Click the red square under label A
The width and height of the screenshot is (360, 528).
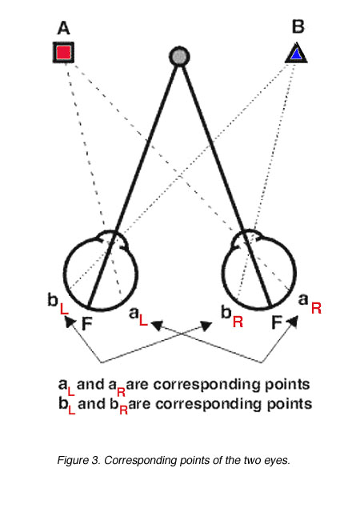coord(63,52)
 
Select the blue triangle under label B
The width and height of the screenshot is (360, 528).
coord(296,54)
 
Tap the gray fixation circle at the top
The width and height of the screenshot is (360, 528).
coord(179,56)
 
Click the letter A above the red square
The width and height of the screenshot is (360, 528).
coord(63,28)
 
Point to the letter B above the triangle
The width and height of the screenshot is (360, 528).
coord(298,26)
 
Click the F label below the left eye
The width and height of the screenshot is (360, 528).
coord(87,324)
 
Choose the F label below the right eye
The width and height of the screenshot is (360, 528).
coord(277,322)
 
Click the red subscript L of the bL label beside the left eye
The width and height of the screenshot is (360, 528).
coord(64,309)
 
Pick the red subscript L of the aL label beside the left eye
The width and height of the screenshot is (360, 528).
coord(143,320)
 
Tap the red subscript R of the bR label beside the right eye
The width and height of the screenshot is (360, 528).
coord(238,322)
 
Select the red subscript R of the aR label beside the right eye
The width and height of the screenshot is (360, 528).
coord(316,308)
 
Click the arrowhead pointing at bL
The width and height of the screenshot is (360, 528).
coord(70,322)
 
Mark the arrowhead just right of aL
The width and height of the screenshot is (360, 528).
coord(157,325)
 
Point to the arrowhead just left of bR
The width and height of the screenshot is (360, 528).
coord(206,326)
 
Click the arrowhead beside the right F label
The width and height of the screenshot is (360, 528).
coord(292,322)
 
